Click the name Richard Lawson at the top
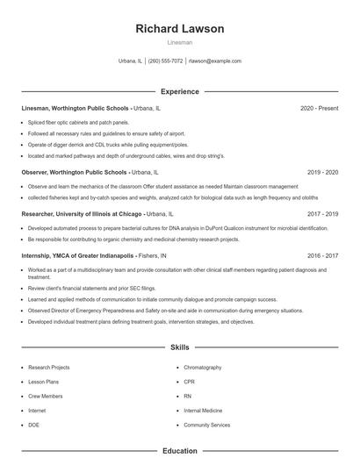click(x=180, y=29)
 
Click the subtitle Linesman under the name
click(x=180, y=42)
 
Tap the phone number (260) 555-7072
click(x=165, y=61)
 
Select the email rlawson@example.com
click(x=215, y=61)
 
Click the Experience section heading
click(x=180, y=91)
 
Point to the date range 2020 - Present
click(x=319, y=108)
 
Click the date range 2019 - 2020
click(x=322, y=173)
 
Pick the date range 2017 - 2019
click(x=322, y=213)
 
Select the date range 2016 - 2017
click(x=322, y=255)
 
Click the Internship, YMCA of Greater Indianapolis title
click(x=77, y=255)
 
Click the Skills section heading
click(x=180, y=347)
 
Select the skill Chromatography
click(x=203, y=368)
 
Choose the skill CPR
click(x=189, y=382)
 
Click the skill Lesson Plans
click(x=43, y=382)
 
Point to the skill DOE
click(x=33, y=425)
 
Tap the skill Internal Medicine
click(x=204, y=410)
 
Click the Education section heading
click(x=180, y=451)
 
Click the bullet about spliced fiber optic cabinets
click(x=78, y=122)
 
